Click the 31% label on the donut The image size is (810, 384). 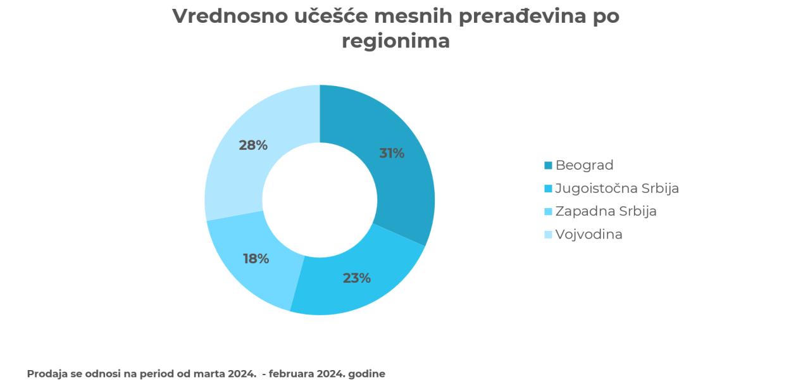click(392, 153)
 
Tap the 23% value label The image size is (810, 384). click(357, 278)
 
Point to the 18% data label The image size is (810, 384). click(256, 258)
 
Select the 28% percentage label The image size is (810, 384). click(253, 145)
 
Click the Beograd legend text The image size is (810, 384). click(584, 165)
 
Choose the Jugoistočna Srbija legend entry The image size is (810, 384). click(617, 188)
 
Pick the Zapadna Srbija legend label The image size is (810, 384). click(606, 211)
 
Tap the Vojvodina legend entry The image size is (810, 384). click(589, 234)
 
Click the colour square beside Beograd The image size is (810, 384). click(548, 166)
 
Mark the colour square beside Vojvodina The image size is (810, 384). click(548, 235)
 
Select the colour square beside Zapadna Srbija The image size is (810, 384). click(548, 212)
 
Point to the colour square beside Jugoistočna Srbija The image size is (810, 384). click(548, 189)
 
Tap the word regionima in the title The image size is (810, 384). click(396, 41)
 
